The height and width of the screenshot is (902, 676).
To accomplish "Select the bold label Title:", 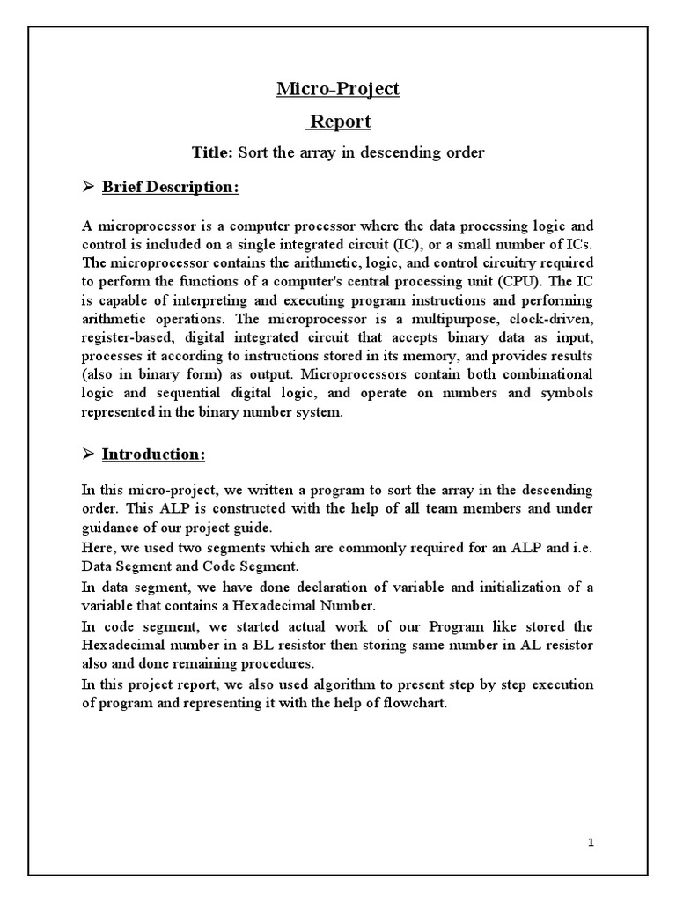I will (212, 153).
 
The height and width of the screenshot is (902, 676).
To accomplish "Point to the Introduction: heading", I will (154, 455).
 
